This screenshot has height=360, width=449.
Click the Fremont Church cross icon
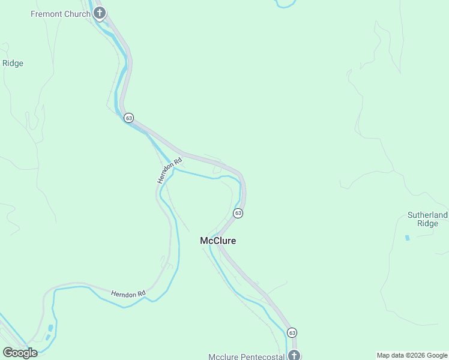coord(100,13)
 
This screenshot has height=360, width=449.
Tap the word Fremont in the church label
coord(47,13)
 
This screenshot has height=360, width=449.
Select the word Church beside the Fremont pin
coord(78,13)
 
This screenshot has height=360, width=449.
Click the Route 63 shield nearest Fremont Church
coord(129,118)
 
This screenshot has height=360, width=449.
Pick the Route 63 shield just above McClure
coord(238,213)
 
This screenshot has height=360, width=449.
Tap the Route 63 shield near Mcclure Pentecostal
coord(292,332)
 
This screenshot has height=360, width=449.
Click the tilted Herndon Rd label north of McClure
coord(169,172)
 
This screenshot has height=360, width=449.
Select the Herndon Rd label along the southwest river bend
coord(128,293)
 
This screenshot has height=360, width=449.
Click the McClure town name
coord(218,241)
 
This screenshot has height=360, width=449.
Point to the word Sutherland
coord(427,215)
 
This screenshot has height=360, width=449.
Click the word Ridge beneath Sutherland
coord(428,223)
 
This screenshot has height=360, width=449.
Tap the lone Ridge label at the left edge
coord(13,63)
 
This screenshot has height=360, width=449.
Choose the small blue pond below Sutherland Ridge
coord(408,238)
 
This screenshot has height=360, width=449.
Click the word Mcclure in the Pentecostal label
coord(224,357)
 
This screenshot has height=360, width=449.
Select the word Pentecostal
coord(262,357)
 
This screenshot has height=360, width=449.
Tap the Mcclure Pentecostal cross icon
coord(294,355)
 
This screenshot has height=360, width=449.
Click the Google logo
coord(20,352)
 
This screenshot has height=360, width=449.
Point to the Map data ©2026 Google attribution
coord(412,355)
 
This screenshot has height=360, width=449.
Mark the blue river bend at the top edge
coord(286,5)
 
